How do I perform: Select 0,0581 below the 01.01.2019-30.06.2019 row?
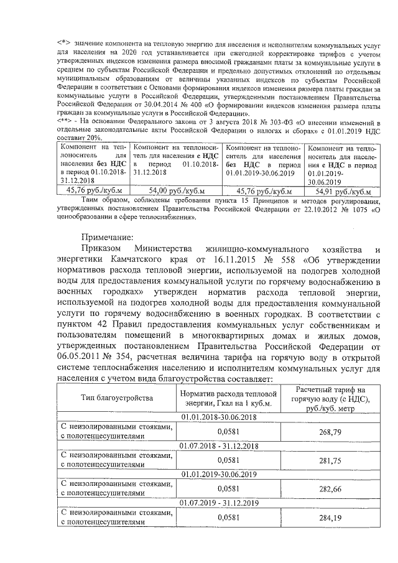[x=228, y=490]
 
